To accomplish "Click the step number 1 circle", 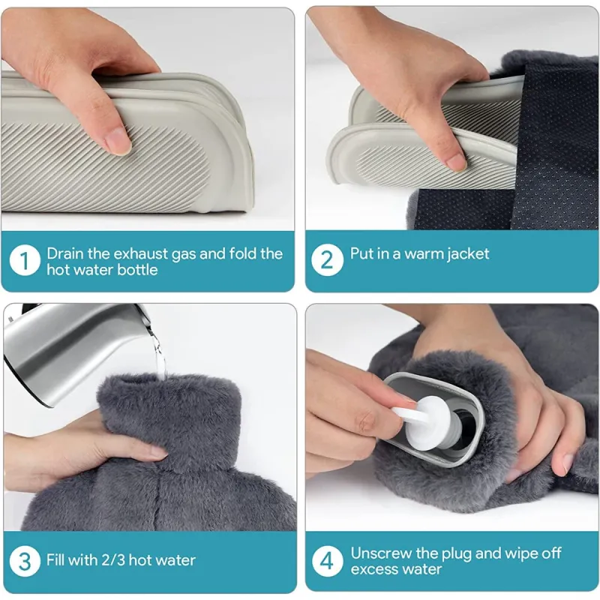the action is tap(25, 260).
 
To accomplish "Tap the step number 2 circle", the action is tap(327, 260).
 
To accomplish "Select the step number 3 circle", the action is tap(25, 561).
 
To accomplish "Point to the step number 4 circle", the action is tap(327, 561).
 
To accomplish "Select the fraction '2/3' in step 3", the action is tap(113, 560).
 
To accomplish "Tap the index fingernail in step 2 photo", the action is tap(457, 162).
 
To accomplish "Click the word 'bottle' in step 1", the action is tap(137, 270).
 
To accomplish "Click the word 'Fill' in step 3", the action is tap(55, 560).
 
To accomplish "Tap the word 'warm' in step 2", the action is tap(422, 254).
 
